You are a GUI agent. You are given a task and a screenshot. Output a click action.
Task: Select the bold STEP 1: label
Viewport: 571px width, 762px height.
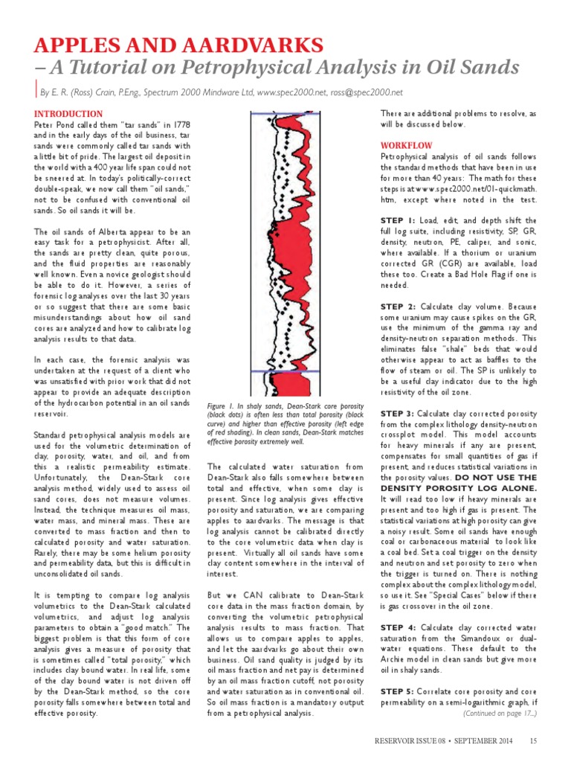click(398, 221)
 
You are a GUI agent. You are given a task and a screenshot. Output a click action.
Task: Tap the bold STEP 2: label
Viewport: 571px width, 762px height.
click(399, 306)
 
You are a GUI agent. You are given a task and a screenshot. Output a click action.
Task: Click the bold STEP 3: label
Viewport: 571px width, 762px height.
click(399, 413)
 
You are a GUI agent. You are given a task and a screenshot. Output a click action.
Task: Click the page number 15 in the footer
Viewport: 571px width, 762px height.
click(534, 740)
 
